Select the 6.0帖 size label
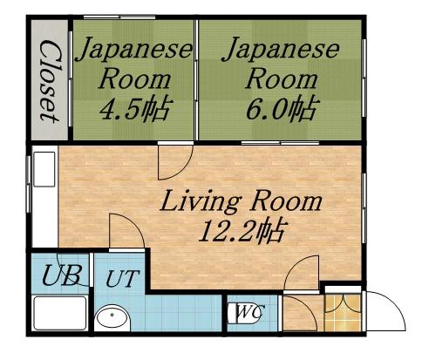click(x=280, y=111)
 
